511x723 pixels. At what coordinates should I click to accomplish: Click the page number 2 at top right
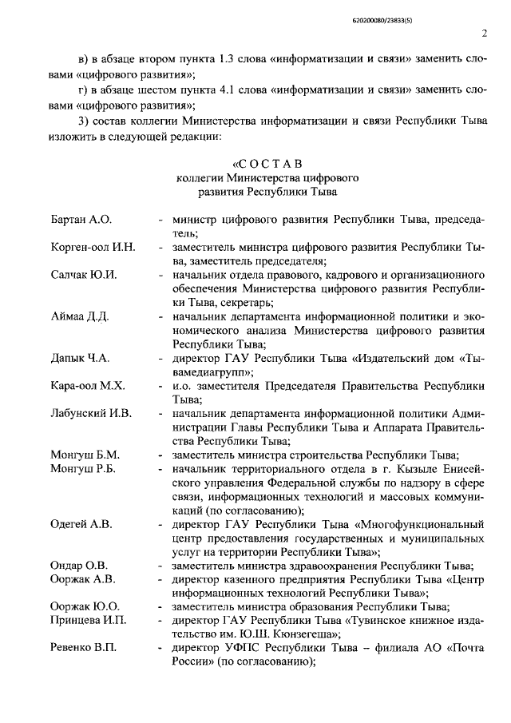pyautogui.click(x=485, y=33)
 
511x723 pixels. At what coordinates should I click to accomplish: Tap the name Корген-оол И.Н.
pyautogui.click(x=92, y=247)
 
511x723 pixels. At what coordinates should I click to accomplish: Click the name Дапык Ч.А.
pyautogui.click(x=80, y=357)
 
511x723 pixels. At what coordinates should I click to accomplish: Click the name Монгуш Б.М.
pyautogui.click(x=84, y=455)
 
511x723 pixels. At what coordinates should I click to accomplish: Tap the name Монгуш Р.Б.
pyautogui.click(x=83, y=469)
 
